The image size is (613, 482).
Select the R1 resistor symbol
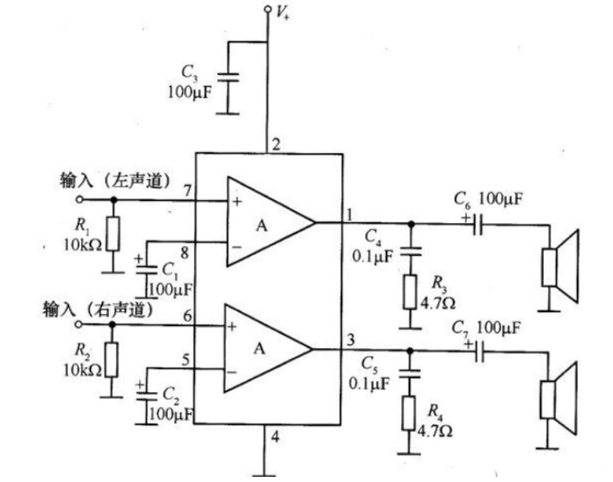click(113, 234)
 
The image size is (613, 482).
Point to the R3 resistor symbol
click(411, 291)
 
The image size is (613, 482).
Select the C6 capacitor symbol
click(478, 222)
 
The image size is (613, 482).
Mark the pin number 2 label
click(275, 144)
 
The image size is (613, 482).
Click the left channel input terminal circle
click(79, 199)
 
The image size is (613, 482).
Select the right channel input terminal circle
click(79, 325)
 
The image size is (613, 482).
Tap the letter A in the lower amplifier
click(259, 349)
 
